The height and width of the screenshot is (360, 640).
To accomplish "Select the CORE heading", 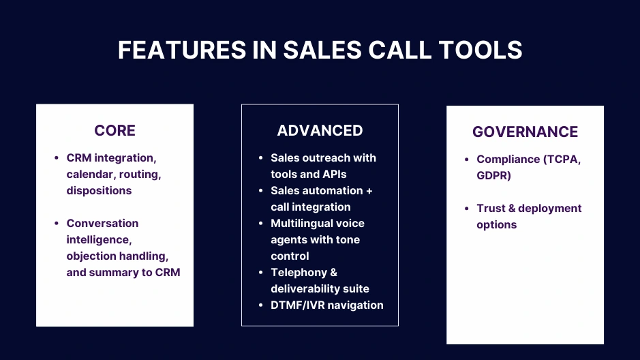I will pos(115,130).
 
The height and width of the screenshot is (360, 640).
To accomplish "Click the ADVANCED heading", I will pos(320,130).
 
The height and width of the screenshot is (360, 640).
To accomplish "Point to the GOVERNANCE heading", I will pos(525,132).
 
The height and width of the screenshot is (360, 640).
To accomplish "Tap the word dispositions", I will pos(99,190).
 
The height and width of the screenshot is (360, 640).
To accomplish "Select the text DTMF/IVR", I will pos(298,305).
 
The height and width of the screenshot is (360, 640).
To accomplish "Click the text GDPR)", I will pos(494,175).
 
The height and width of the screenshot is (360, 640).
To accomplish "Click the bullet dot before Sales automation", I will pos(261,191).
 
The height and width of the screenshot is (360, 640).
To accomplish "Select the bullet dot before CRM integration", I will pos(57,158).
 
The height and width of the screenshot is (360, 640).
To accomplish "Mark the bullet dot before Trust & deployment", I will pos(467,209).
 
